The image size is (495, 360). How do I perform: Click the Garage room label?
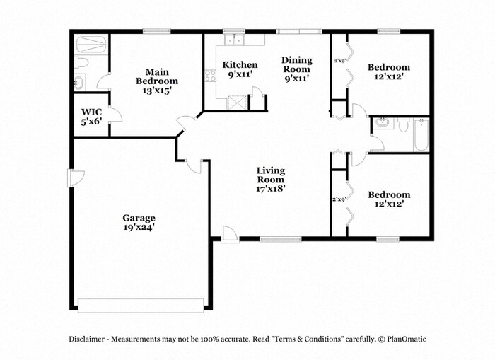[138, 218]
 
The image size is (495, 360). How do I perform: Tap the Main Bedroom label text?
[157, 76]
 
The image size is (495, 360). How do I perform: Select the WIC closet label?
[91, 112]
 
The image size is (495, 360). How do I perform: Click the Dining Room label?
[296, 65]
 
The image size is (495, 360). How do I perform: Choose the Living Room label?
[270, 175]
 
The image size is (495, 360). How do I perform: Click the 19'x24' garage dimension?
[138, 228]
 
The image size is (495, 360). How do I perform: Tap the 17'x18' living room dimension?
[270, 189]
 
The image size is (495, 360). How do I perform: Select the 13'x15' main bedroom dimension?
[157, 91]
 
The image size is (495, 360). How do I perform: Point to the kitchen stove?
[210, 77]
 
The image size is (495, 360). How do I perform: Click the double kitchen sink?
[233, 40]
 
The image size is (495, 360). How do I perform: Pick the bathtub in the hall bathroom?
[421, 134]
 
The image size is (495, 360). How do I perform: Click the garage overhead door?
[141, 305]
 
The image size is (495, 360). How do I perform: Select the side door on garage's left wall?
[75, 178]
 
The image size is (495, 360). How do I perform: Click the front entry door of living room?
[230, 234]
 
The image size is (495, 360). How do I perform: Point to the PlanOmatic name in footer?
[407, 339]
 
